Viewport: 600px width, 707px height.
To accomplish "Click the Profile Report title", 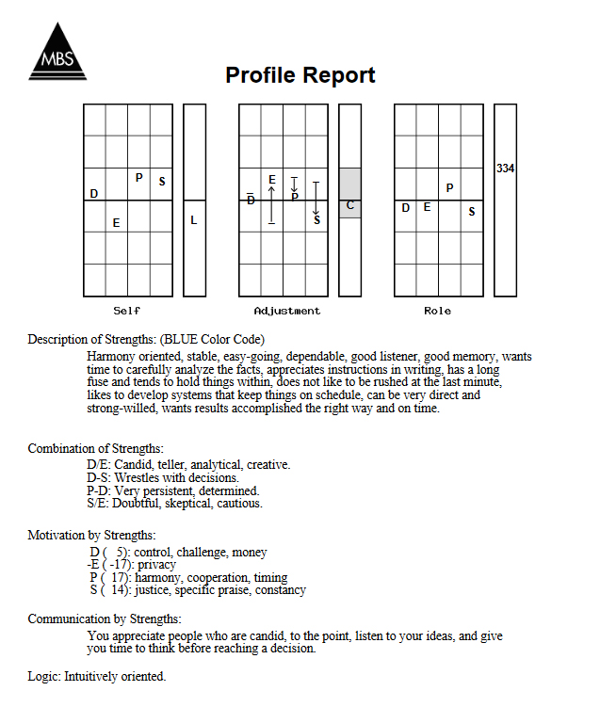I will (x=300, y=75).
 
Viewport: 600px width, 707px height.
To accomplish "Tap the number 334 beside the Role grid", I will (x=506, y=169).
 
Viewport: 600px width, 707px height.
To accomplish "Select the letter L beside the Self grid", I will (x=194, y=220).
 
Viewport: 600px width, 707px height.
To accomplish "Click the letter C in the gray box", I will (x=349, y=204).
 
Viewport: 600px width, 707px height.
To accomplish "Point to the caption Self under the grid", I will (x=127, y=311).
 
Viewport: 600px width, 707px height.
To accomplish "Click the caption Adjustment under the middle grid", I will (x=287, y=311).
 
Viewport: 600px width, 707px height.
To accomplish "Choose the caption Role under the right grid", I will (x=438, y=311).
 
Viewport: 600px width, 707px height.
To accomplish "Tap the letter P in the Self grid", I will (x=138, y=177).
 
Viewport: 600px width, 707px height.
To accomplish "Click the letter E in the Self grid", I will (x=116, y=223).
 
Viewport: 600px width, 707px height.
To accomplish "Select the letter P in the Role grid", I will (x=449, y=188).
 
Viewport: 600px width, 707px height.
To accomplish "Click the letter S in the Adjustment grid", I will (x=316, y=220).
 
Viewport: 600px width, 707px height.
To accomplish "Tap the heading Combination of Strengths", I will (x=96, y=448).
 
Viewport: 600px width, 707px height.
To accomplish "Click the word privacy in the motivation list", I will (x=156, y=565).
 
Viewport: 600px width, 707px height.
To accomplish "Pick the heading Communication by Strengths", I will (x=105, y=619).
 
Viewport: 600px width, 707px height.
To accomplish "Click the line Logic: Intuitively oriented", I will (x=97, y=677).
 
